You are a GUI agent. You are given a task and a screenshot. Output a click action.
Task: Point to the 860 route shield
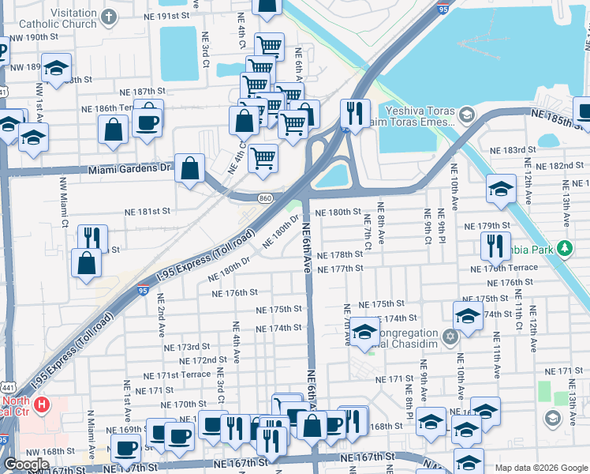pos(264,197)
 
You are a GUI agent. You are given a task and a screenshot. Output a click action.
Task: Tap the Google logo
pos(28,465)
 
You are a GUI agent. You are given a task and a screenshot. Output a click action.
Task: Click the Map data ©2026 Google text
pos(540,468)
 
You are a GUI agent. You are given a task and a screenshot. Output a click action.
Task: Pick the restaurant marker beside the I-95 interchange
pos(355,113)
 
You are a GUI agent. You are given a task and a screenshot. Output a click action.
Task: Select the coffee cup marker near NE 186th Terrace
pos(147,122)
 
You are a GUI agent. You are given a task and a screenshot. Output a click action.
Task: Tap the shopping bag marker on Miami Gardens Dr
pos(190,167)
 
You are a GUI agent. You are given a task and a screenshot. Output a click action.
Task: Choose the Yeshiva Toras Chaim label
pos(418,117)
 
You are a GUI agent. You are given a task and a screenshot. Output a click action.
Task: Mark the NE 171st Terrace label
pos(178,374)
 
